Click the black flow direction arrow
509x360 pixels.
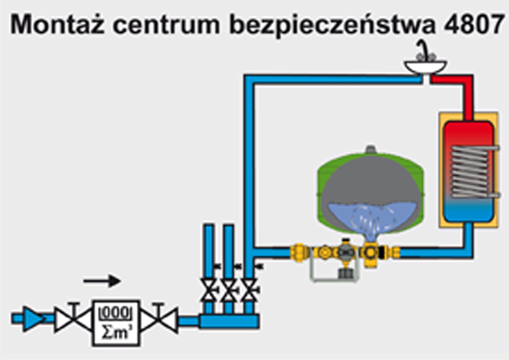click(x=102, y=280)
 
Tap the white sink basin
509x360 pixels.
click(x=426, y=66)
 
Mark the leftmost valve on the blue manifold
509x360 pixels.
click(x=208, y=289)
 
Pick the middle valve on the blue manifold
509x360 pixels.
click(x=228, y=289)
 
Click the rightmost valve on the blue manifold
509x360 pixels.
click(x=249, y=289)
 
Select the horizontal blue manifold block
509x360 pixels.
click(x=229, y=322)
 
